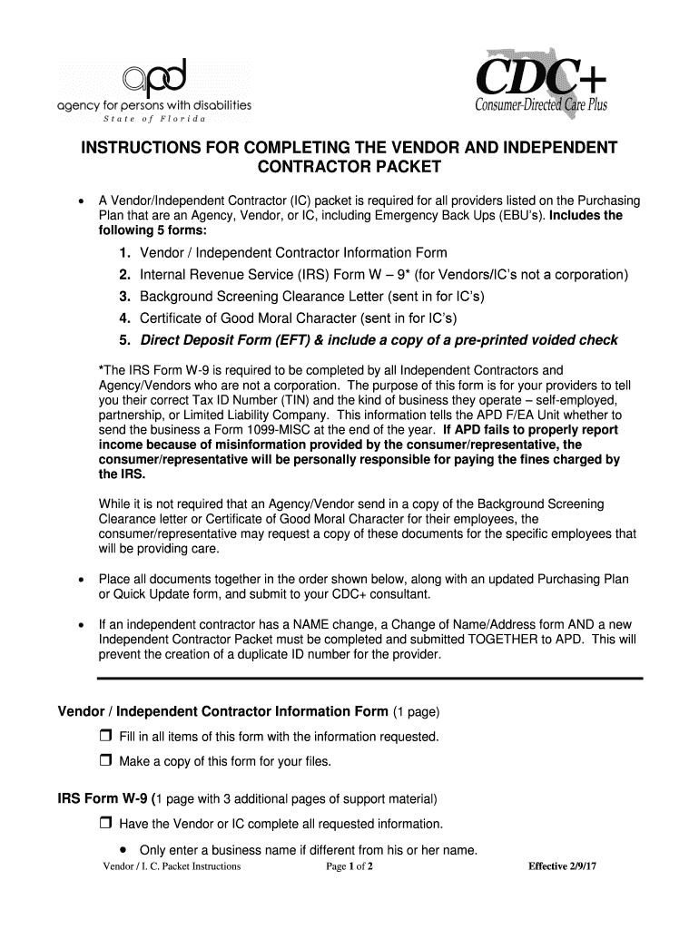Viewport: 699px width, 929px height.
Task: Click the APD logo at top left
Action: point(154,91)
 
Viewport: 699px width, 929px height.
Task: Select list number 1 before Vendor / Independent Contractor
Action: point(122,253)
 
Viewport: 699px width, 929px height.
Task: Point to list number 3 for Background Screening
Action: point(122,297)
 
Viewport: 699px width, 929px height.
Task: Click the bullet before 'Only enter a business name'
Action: point(122,850)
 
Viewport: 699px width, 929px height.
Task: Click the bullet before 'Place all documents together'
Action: point(81,580)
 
